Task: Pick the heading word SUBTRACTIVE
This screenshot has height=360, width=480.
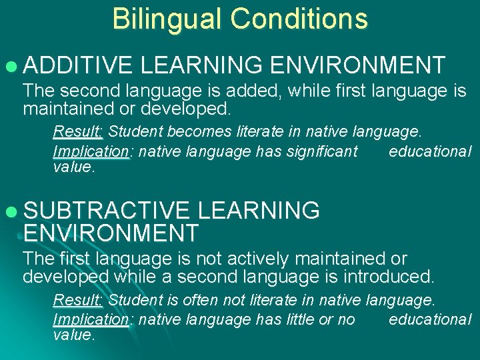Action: tap(107, 211)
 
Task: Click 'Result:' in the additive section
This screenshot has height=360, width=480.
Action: tap(77, 130)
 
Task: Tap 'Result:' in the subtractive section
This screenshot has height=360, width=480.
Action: tap(77, 299)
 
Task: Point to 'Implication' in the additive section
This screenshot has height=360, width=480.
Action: tap(91, 152)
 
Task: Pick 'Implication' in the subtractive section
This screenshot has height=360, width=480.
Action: tap(91, 320)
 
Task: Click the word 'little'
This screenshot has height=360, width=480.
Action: tap(299, 320)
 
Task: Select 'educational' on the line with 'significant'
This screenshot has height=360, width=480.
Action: tap(430, 152)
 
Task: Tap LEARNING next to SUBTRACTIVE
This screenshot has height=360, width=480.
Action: tap(259, 211)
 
